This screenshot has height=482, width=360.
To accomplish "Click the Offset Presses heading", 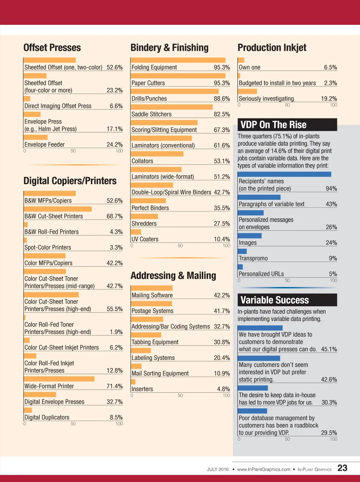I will click(52, 48).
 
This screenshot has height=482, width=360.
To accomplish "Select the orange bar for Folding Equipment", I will click(178, 60).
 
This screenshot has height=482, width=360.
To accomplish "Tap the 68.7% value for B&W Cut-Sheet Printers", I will click(115, 216).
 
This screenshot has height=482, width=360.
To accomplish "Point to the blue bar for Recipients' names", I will click(284, 174).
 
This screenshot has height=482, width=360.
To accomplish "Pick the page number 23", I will click(342, 468).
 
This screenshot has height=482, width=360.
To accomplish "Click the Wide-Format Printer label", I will click(49, 386).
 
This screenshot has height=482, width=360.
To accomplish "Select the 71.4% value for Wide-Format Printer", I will click(115, 386).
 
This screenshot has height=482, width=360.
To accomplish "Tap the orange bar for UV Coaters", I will click(136, 232).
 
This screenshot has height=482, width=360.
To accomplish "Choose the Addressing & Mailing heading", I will click(173, 276).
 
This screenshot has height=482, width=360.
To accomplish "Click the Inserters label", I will click(142, 389).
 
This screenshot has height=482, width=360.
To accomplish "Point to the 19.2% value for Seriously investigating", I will click(329, 99).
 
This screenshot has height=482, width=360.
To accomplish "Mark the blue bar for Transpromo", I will click(242, 251).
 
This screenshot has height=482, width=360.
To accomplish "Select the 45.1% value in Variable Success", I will click(329, 349).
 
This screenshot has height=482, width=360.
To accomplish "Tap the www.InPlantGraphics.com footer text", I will click(264, 469).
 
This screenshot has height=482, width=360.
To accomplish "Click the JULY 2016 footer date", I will click(218, 469).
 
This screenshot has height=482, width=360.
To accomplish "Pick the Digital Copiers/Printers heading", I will click(70, 181).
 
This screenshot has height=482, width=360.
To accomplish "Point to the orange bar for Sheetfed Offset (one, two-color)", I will click(50, 60).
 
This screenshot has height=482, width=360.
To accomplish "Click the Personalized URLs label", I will click(261, 274).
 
